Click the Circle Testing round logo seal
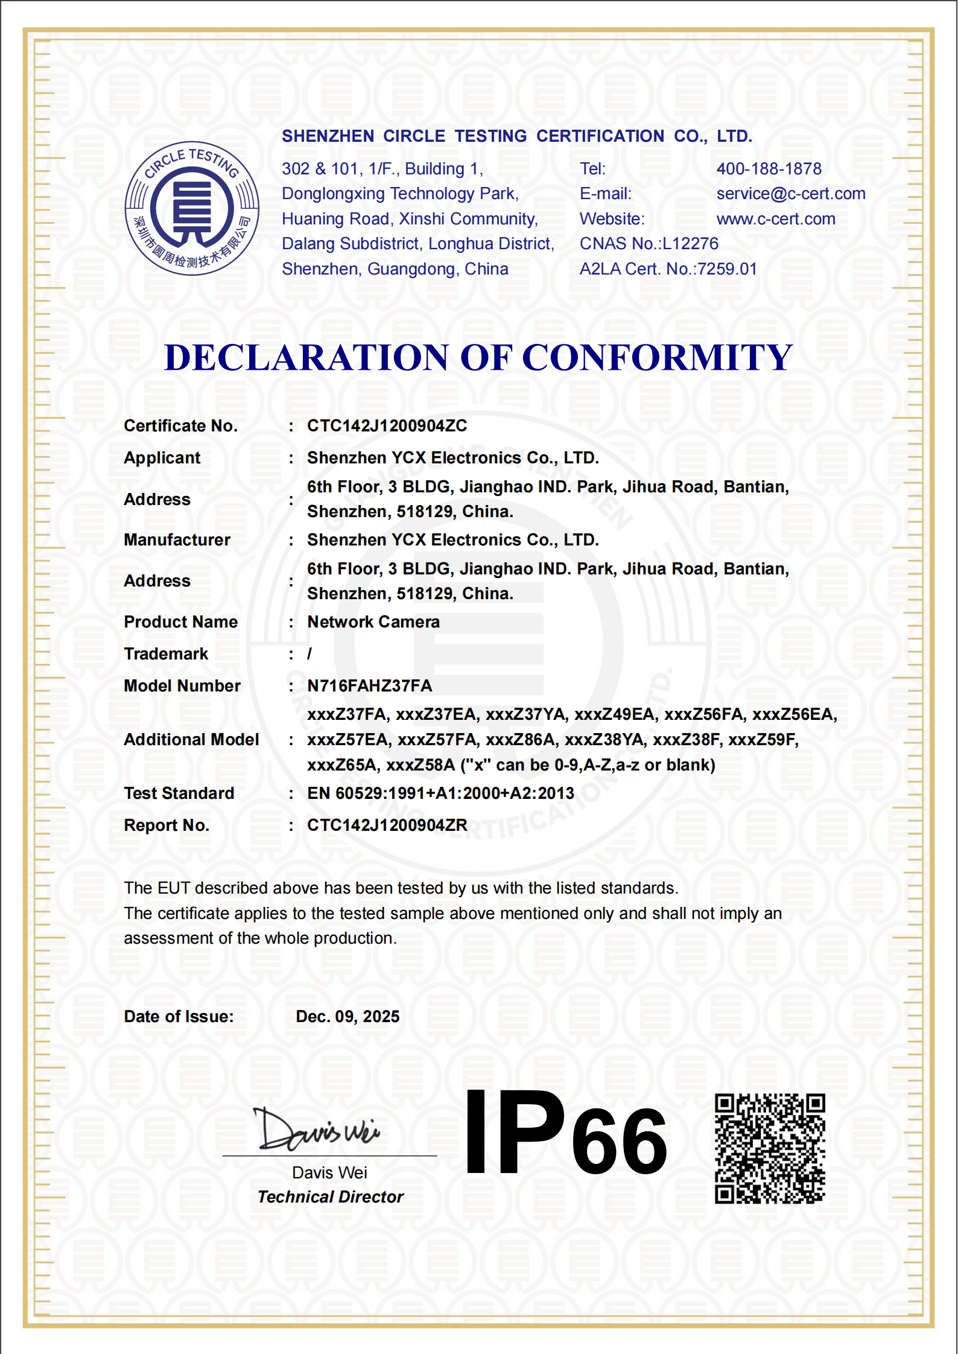click(x=192, y=209)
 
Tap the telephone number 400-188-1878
click(x=769, y=169)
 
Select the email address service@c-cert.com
click(x=790, y=194)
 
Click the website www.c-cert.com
click(x=776, y=219)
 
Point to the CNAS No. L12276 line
click(x=649, y=244)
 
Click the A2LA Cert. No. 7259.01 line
click(x=668, y=269)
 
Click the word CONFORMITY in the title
click(x=657, y=357)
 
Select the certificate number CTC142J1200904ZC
click(x=387, y=426)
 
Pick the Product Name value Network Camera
click(x=373, y=622)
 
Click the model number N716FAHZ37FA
click(x=369, y=686)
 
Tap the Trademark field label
click(x=166, y=654)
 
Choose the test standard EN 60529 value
click(x=440, y=793)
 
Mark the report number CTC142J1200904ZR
click(x=387, y=825)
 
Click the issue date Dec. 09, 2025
click(x=347, y=1017)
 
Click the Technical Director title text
click(x=330, y=1197)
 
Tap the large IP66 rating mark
click(x=566, y=1135)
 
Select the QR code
click(x=770, y=1148)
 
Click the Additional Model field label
click(x=191, y=740)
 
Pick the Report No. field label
click(x=167, y=825)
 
